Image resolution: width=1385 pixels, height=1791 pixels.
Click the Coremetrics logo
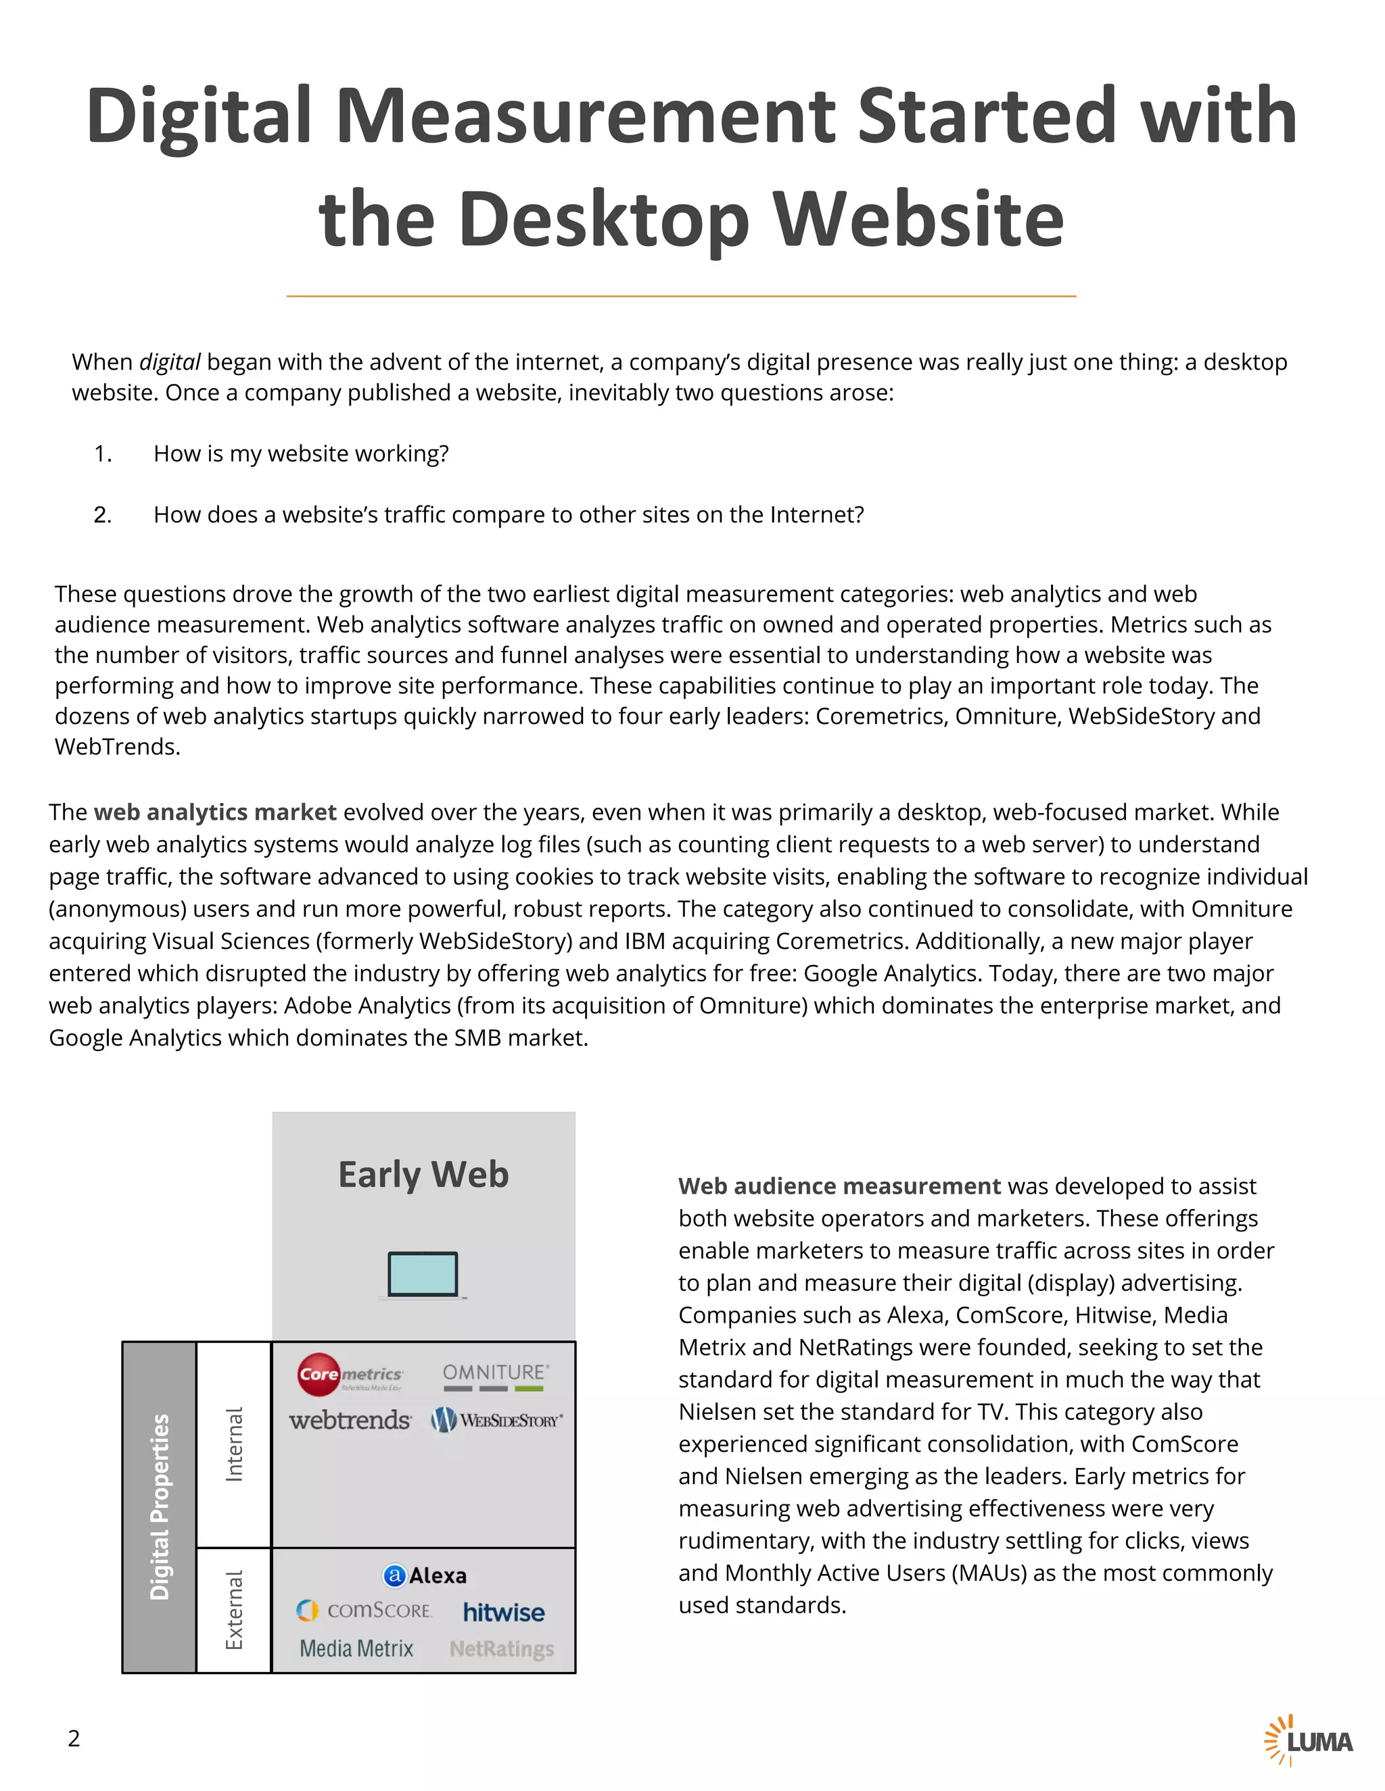(350, 1375)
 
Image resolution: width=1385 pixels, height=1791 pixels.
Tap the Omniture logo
(496, 1376)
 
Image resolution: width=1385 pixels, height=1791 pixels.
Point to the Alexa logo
(425, 1575)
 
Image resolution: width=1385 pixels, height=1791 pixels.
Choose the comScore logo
(365, 1611)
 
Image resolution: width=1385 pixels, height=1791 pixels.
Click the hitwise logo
(503, 1612)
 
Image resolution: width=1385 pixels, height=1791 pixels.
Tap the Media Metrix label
(356, 1648)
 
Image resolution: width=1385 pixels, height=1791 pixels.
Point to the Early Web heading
(423, 1175)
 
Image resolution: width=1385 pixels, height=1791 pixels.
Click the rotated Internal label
(235, 1444)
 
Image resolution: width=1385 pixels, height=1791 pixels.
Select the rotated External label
(235, 1610)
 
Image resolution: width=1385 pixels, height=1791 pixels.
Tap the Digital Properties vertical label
(159, 1506)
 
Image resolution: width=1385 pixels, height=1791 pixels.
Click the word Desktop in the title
(604, 219)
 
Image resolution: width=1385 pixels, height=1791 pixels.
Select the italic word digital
(169, 362)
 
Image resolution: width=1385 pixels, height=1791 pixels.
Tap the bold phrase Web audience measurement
(839, 1186)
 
